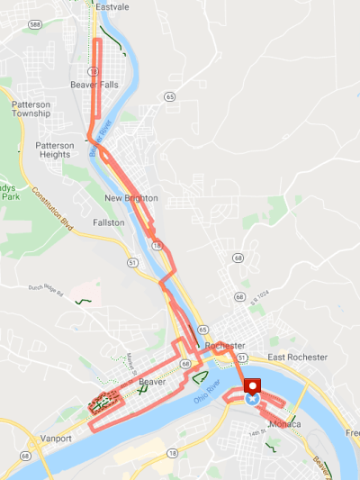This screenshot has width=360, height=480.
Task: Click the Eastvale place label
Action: pyautogui.click(x=112, y=6)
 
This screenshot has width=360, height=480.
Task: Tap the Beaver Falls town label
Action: pyautogui.click(x=94, y=85)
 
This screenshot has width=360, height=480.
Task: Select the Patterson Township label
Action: pyautogui.click(x=31, y=110)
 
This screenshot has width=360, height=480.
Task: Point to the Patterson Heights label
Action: pyautogui.click(x=52, y=149)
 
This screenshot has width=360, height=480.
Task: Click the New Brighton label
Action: pyautogui.click(x=130, y=198)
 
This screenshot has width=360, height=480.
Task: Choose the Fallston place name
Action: pyautogui.click(x=108, y=222)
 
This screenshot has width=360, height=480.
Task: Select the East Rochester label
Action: pyautogui.click(x=297, y=358)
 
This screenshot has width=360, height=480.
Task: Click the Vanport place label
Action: pyautogui.click(x=56, y=439)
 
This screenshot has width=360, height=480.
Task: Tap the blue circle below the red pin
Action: pyautogui.click(x=252, y=397)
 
